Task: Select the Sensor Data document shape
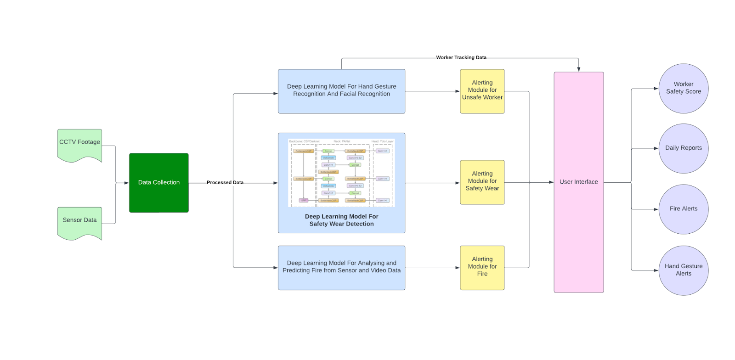[x=79, y=222]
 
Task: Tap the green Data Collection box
[x=158, y=183]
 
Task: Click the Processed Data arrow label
[x=225, y=182]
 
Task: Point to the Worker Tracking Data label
[x=461, y=57]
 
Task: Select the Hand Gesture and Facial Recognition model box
[x=341, y=91]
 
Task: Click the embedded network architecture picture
[x=341, y=173]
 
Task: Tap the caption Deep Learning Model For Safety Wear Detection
[x=341, y=220]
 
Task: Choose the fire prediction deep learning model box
[x=341, y=268]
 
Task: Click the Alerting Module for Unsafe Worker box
[x=482, y=91]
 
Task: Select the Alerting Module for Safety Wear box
[x=482, y=182]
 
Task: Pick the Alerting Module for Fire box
[x=482, y=268]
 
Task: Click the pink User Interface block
[x=578, y=182]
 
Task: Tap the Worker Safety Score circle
[x=683, y=88]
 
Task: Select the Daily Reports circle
[x=683, y=148]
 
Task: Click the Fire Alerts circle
[x=683, y=209]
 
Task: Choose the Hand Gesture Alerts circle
[x=683, y=270]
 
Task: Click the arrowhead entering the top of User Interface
[x=578, y=69]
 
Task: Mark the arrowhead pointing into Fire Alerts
[x=656, y=209]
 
